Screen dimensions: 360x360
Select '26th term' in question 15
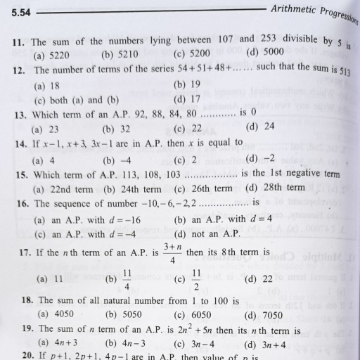pos(212,188)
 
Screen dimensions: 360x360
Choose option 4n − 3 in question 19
pos(131,344)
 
